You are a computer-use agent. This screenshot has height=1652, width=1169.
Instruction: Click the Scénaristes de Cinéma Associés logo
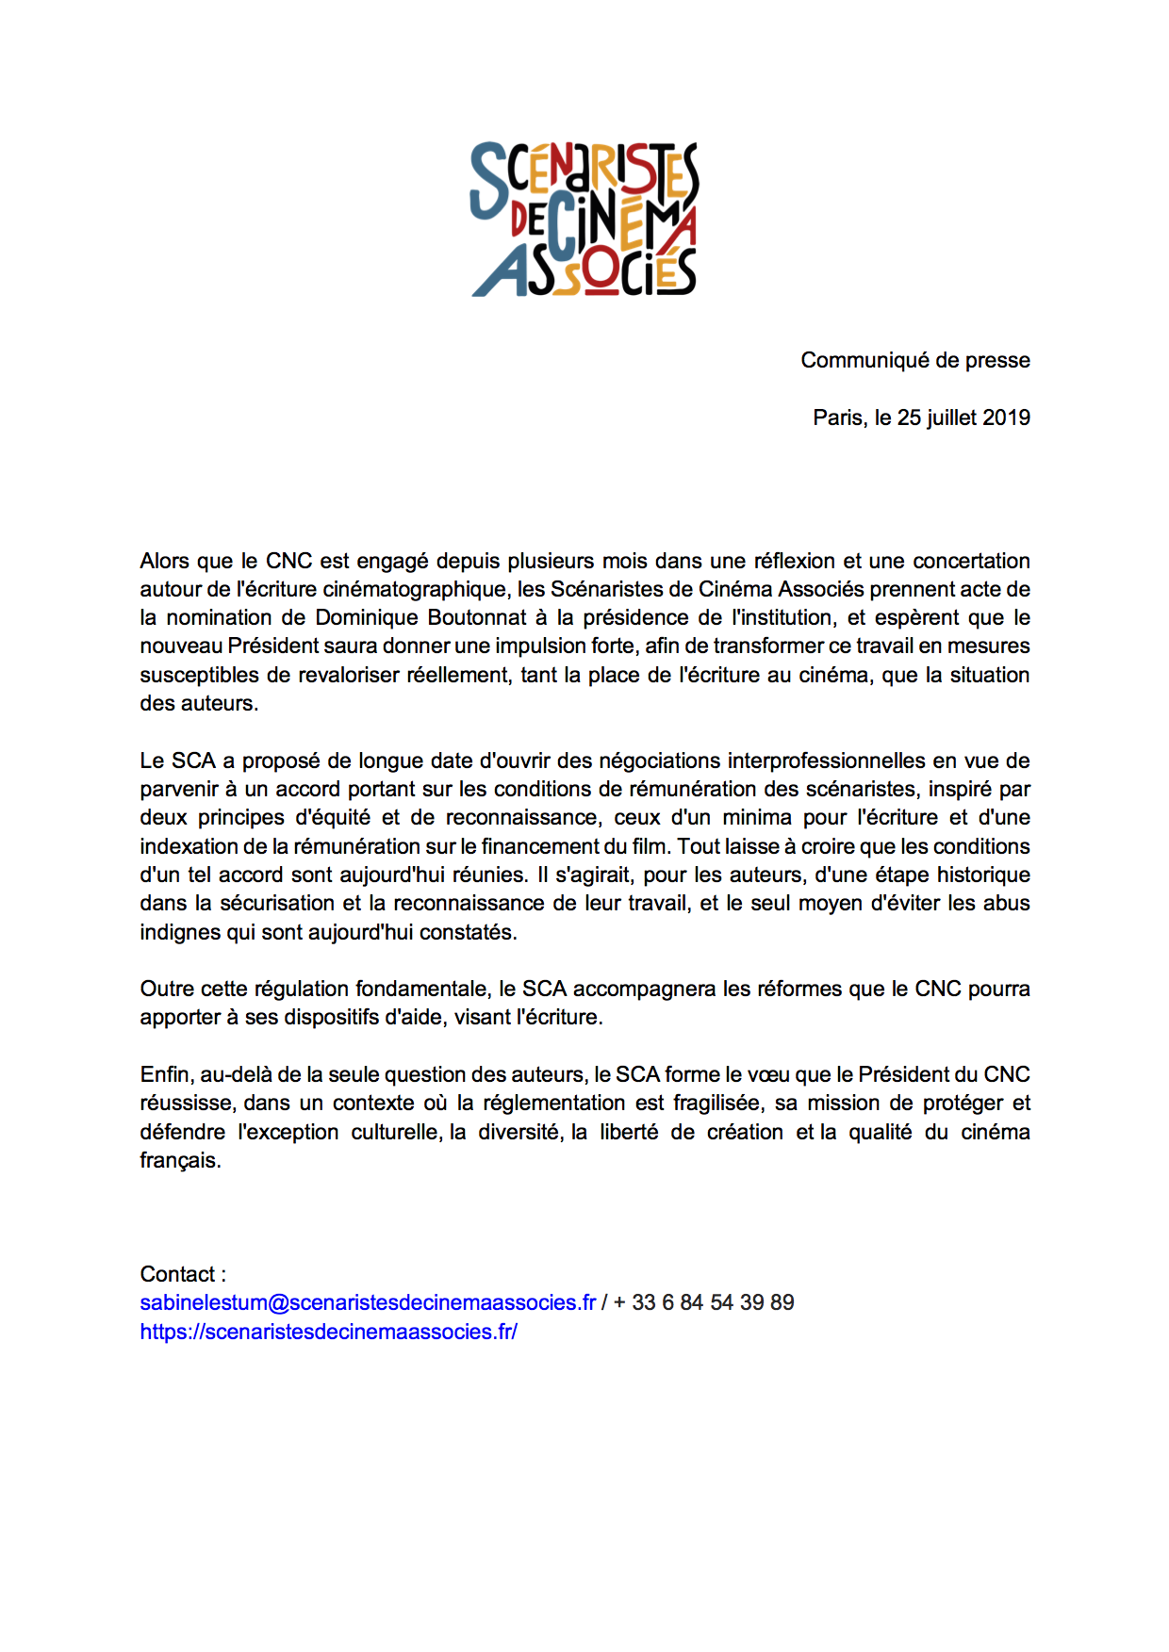click(584, 219)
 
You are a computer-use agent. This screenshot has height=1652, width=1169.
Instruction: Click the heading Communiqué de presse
click(914, 361)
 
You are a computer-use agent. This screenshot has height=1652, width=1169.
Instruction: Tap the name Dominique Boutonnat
click(420, 618)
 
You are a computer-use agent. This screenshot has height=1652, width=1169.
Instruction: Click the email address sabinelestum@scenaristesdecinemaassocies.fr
click(368, 1303)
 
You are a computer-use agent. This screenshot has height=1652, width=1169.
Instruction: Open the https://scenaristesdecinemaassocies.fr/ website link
click(328, 1333)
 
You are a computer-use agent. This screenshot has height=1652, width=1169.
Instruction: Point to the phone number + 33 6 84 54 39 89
click(703, 1303)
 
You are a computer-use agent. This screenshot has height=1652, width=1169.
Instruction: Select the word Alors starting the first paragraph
click(165, 562)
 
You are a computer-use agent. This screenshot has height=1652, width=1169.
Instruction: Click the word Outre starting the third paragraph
click(165, 990)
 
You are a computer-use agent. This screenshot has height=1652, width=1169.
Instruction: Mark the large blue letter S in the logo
click(488, 179)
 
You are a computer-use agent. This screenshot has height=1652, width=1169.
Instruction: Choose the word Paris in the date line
click(839, 418)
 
